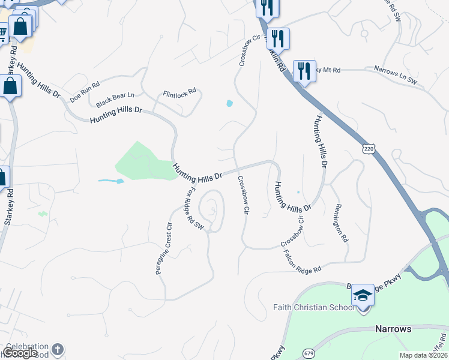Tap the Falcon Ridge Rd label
pos(303,262)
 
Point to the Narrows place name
pos(393,329)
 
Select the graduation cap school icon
pos(363,295)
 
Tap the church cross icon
pos(57,349)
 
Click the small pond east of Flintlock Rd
pos(229,103)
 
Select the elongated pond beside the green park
pos(112,181)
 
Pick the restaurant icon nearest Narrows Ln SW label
pos(304,71)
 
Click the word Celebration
pos(27,347)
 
